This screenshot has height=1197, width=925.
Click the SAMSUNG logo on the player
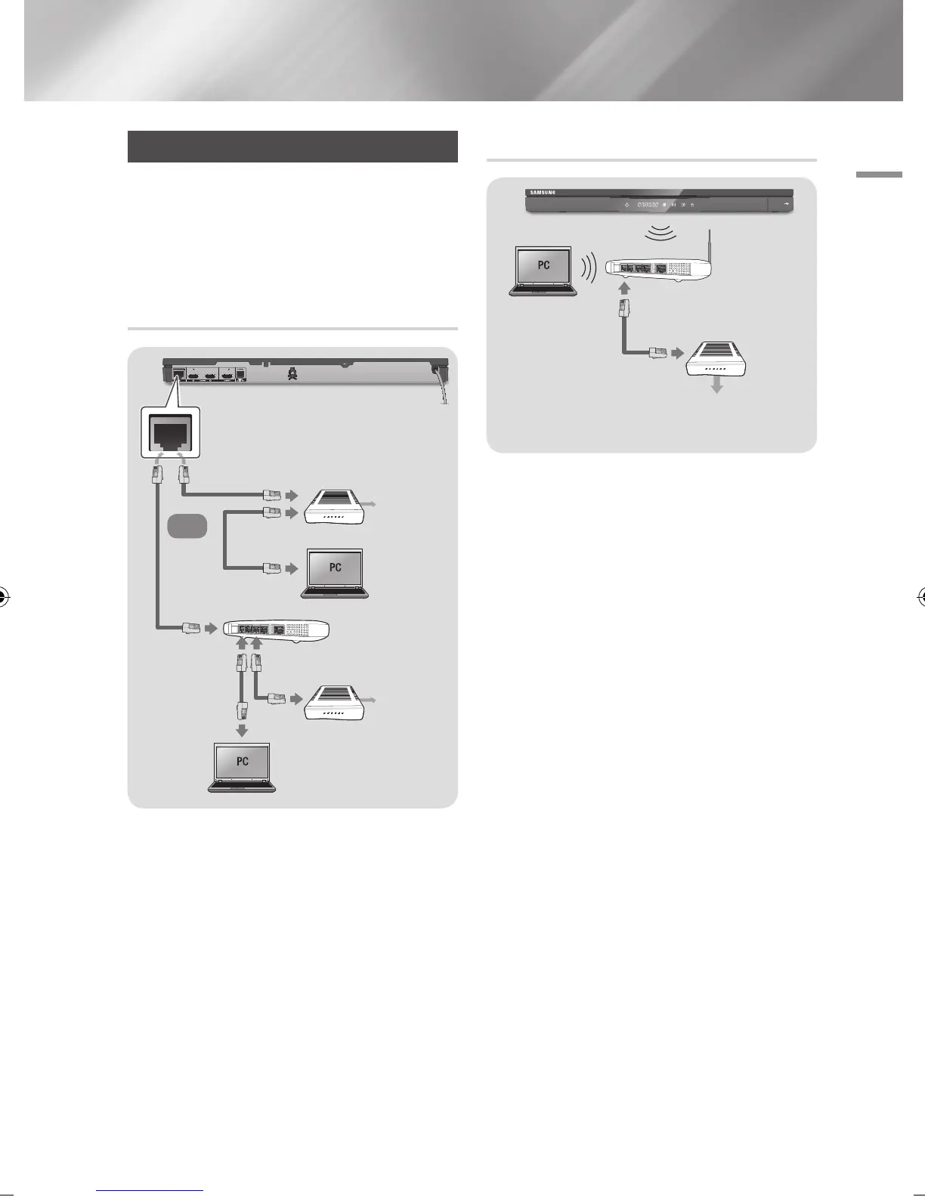[x=541, y=193]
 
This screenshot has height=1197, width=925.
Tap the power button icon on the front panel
[x=626, y=205]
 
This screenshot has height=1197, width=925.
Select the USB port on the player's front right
[x=787, y=204]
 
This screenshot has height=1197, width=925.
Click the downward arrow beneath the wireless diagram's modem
[x=717, y=385]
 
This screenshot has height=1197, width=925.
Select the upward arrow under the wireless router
[x=624, y=288]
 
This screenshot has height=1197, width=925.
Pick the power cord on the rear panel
[x=442, y=385]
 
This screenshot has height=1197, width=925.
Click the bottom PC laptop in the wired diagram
[x=242, y=766]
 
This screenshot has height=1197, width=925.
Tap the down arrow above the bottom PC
[x=242, y=730]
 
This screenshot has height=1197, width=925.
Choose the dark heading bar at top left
[x=292, y=147]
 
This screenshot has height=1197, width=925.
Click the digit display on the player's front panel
[x=648, y=205]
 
